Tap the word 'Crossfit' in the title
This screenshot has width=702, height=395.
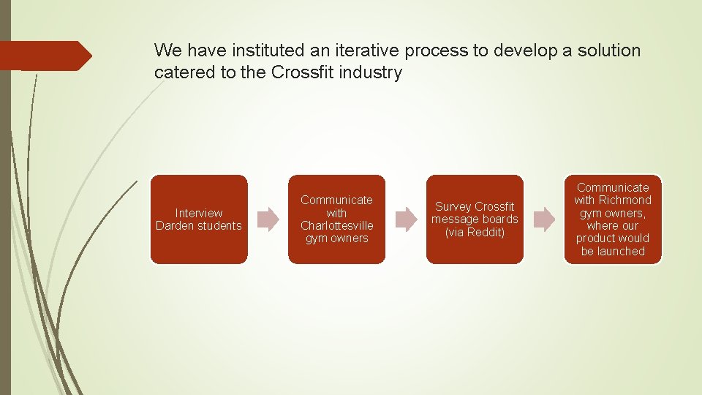click(303, 72)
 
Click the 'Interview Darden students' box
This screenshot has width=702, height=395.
click(199, 219)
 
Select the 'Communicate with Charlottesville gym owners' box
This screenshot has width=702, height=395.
click(336, 219)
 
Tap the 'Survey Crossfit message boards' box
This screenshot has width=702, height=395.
click(475, 219)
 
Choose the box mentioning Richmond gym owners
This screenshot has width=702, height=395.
click(613, 219)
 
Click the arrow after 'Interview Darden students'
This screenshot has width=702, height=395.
click(268, 219)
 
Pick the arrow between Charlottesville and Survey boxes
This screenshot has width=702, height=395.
click(406, 219)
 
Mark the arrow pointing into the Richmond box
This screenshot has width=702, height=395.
click(544, 219)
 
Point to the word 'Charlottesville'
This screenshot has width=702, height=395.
click(336, 225)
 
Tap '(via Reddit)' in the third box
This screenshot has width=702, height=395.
click(475, 232)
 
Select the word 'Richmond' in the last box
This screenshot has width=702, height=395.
click(624, 200)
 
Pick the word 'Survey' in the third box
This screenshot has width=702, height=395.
click(453, 206)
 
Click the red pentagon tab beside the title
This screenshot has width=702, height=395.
click(44, 56)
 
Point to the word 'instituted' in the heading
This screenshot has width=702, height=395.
click(254, 50)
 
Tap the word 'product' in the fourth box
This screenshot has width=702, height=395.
click(594, 238)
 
